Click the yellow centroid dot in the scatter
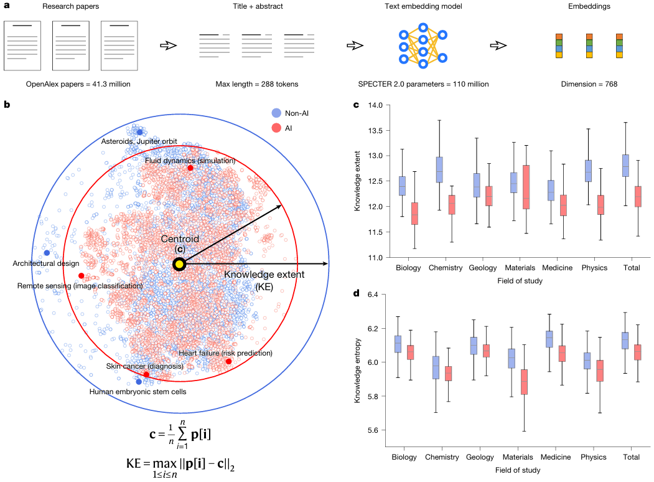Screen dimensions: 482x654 [179, 264]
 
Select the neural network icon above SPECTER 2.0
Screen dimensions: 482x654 [423, 45]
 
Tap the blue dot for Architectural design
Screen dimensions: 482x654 [47, 252]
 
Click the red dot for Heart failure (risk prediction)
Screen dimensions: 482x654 [228, 362]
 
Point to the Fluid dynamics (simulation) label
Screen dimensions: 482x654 [190, 161]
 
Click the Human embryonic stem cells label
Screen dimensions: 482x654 [138, 392]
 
